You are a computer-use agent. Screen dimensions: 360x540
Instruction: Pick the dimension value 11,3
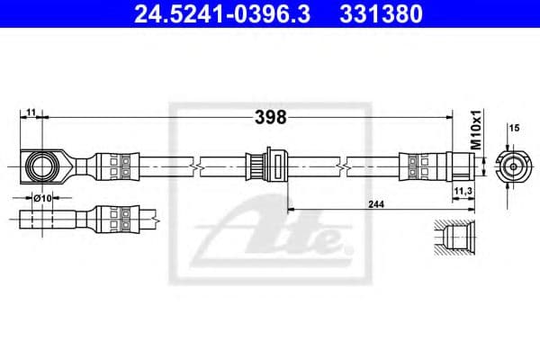click(x=463, y=191)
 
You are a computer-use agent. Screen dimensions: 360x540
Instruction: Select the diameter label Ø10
click(x=41, y=197)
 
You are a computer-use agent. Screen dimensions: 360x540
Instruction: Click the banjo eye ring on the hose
click(x=41, y=166)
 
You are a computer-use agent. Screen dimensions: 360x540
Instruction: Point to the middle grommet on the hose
click(x=266, y=166)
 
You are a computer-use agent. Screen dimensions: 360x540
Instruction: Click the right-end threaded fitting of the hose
click(x=461, y=166)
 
